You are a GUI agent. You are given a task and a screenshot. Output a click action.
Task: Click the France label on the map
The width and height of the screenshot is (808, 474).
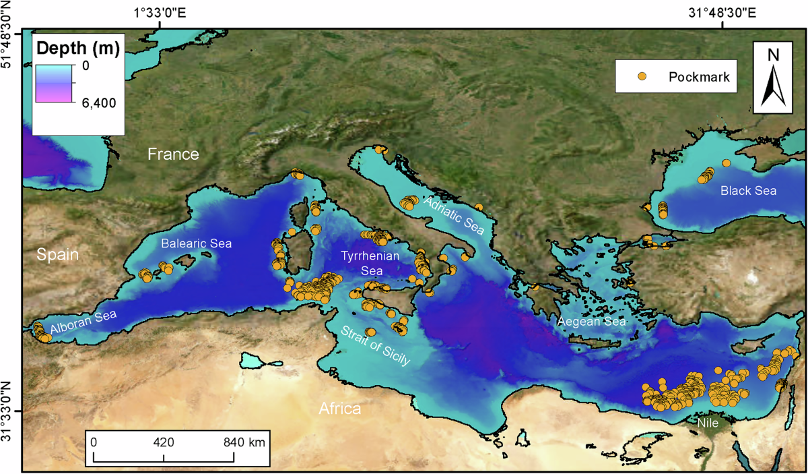click(174, 154)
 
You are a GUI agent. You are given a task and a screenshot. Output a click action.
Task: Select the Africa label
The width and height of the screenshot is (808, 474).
click(340, 409)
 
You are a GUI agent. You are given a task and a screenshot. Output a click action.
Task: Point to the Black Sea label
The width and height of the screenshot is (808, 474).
click(748, 191)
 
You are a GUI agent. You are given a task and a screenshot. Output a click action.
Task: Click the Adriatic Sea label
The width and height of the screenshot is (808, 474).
click(454, 216)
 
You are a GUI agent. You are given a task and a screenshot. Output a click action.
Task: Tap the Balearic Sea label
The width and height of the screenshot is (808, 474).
click(196, 243)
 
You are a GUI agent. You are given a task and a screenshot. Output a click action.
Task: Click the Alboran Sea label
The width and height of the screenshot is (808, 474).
click(83, 322)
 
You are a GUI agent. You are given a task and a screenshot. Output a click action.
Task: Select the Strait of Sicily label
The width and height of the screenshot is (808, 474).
click(375, 347)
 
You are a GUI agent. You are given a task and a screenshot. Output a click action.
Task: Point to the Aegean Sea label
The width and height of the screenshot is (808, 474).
click(591, 322)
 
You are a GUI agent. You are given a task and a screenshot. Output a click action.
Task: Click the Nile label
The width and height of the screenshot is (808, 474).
click(708, 423)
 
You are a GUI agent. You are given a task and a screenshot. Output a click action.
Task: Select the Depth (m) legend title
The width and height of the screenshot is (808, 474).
click(77, 49)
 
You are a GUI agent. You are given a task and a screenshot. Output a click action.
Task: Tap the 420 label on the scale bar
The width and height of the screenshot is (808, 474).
click(164, 443)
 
